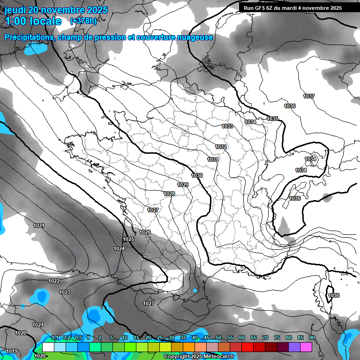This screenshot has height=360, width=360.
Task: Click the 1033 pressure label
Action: pos(227,126)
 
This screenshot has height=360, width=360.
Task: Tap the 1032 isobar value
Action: pos(221,147)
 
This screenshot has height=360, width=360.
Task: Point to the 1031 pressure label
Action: pos(213,159)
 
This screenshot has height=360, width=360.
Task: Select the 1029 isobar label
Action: pos(183,185)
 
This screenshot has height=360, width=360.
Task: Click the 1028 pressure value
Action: pos(169,194)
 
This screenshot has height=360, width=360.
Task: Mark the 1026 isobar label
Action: pos(145,232)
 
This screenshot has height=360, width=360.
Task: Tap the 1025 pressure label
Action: pos(128,240)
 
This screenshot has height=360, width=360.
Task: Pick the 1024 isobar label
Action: pos(119,248)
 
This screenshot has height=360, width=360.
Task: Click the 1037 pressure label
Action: pos(309,96)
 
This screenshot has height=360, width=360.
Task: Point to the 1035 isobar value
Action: pos(272,119)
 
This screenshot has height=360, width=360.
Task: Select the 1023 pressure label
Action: pos(65,292)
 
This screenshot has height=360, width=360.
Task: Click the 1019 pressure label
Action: pos(12,352)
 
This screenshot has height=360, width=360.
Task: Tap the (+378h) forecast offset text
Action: pos(83,21)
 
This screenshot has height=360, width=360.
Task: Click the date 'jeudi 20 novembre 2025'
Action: pos(56,10)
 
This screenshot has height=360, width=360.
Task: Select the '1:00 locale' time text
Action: pos(33,21)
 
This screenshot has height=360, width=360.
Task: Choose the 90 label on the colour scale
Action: pos(312,338)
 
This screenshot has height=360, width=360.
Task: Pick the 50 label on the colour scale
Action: pos(218,338)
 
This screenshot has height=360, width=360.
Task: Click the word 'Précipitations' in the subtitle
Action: pos(29,37)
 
